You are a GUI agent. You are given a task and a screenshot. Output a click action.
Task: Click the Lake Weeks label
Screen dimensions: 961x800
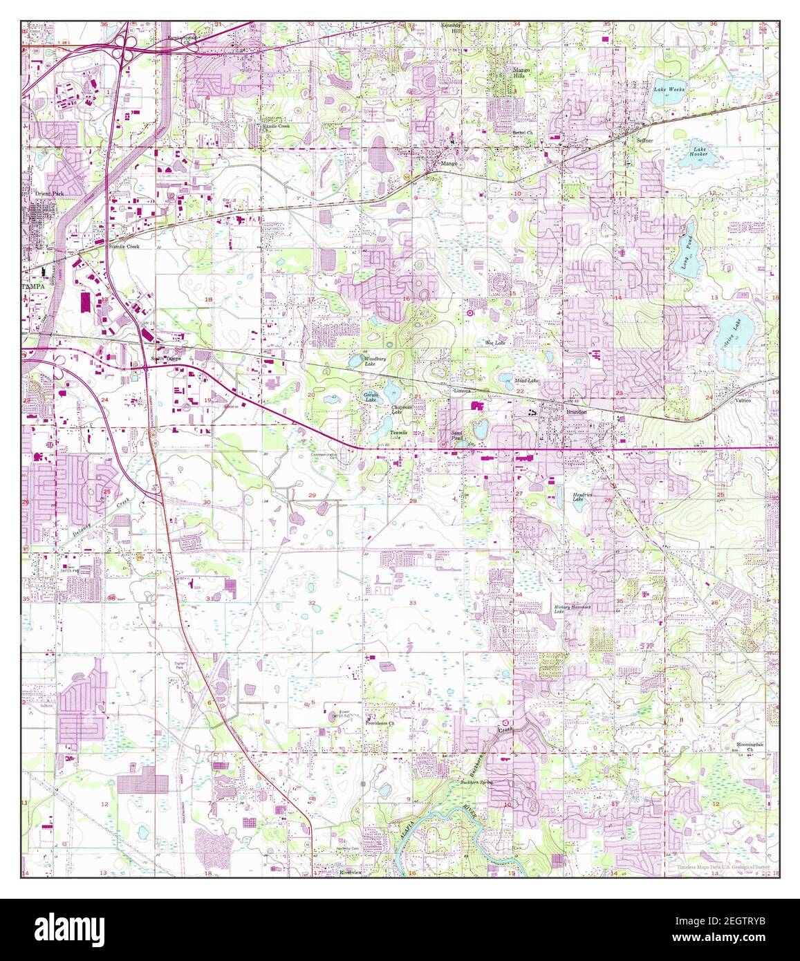coord(669,90)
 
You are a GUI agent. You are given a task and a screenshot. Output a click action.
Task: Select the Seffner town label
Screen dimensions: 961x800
coord(644,140)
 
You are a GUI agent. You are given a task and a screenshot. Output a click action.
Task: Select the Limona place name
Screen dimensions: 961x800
coord(461,391)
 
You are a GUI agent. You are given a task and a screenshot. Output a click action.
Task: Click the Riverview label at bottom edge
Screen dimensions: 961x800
coord(351,873)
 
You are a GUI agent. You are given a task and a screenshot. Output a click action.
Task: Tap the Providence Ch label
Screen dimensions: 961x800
coord(380,722)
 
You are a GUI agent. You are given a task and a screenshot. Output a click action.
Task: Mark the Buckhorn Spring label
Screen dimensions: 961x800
coord(475,783)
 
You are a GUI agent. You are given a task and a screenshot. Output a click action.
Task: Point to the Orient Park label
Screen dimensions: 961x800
coord(50,194)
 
